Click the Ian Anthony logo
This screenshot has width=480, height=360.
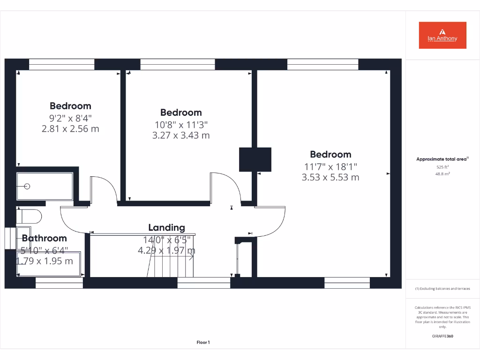[442, 35]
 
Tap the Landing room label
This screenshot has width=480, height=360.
[166, 228]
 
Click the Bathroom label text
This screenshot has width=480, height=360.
[44, 239]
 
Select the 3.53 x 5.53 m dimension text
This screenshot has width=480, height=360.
[330, 177]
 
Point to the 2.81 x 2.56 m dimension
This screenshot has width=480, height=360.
[70, 128]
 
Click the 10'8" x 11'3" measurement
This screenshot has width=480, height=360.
[181, 124]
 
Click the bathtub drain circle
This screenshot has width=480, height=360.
[27, 186]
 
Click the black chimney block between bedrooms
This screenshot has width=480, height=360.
[255, 159]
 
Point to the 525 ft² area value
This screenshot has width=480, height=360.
[442, 167]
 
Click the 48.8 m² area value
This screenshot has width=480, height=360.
[442, 173]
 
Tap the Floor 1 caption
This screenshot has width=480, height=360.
[203, 343]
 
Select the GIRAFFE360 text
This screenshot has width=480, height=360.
[442, 336]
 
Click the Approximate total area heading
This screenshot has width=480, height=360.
[442, 159]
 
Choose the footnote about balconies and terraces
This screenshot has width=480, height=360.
[442, 289]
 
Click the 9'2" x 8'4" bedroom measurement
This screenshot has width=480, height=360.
[70, 118]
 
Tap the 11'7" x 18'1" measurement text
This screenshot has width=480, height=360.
[330, 166]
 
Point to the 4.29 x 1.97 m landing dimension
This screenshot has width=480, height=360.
[166, 251]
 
